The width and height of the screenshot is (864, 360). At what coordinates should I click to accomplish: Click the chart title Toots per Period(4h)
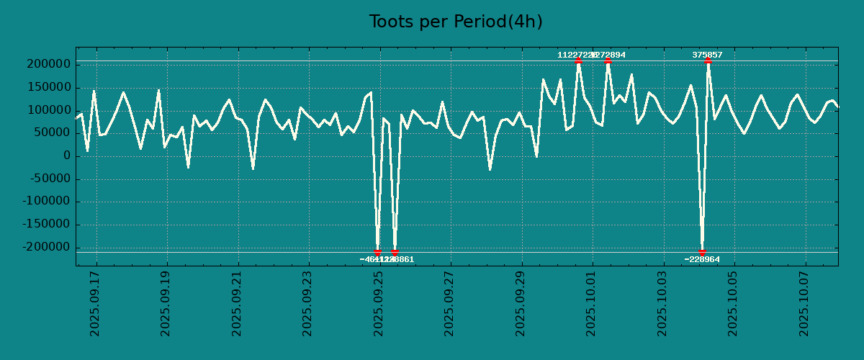click(x=456, y=22)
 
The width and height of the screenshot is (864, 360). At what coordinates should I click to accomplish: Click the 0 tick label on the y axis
click(x=66, y=156)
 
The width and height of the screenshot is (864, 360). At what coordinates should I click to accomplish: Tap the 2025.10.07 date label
click(x=805, y=303)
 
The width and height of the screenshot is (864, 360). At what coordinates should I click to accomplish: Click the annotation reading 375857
click(x=708, y=55)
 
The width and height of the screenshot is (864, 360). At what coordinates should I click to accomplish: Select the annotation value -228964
click(x=702, y=259)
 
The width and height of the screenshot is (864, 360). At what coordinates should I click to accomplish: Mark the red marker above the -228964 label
click(x=702, y=252)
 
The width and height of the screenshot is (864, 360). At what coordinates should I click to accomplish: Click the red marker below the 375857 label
click(x=708, y=61)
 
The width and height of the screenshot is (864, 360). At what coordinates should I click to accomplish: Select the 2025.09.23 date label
click(x=308, y=303)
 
